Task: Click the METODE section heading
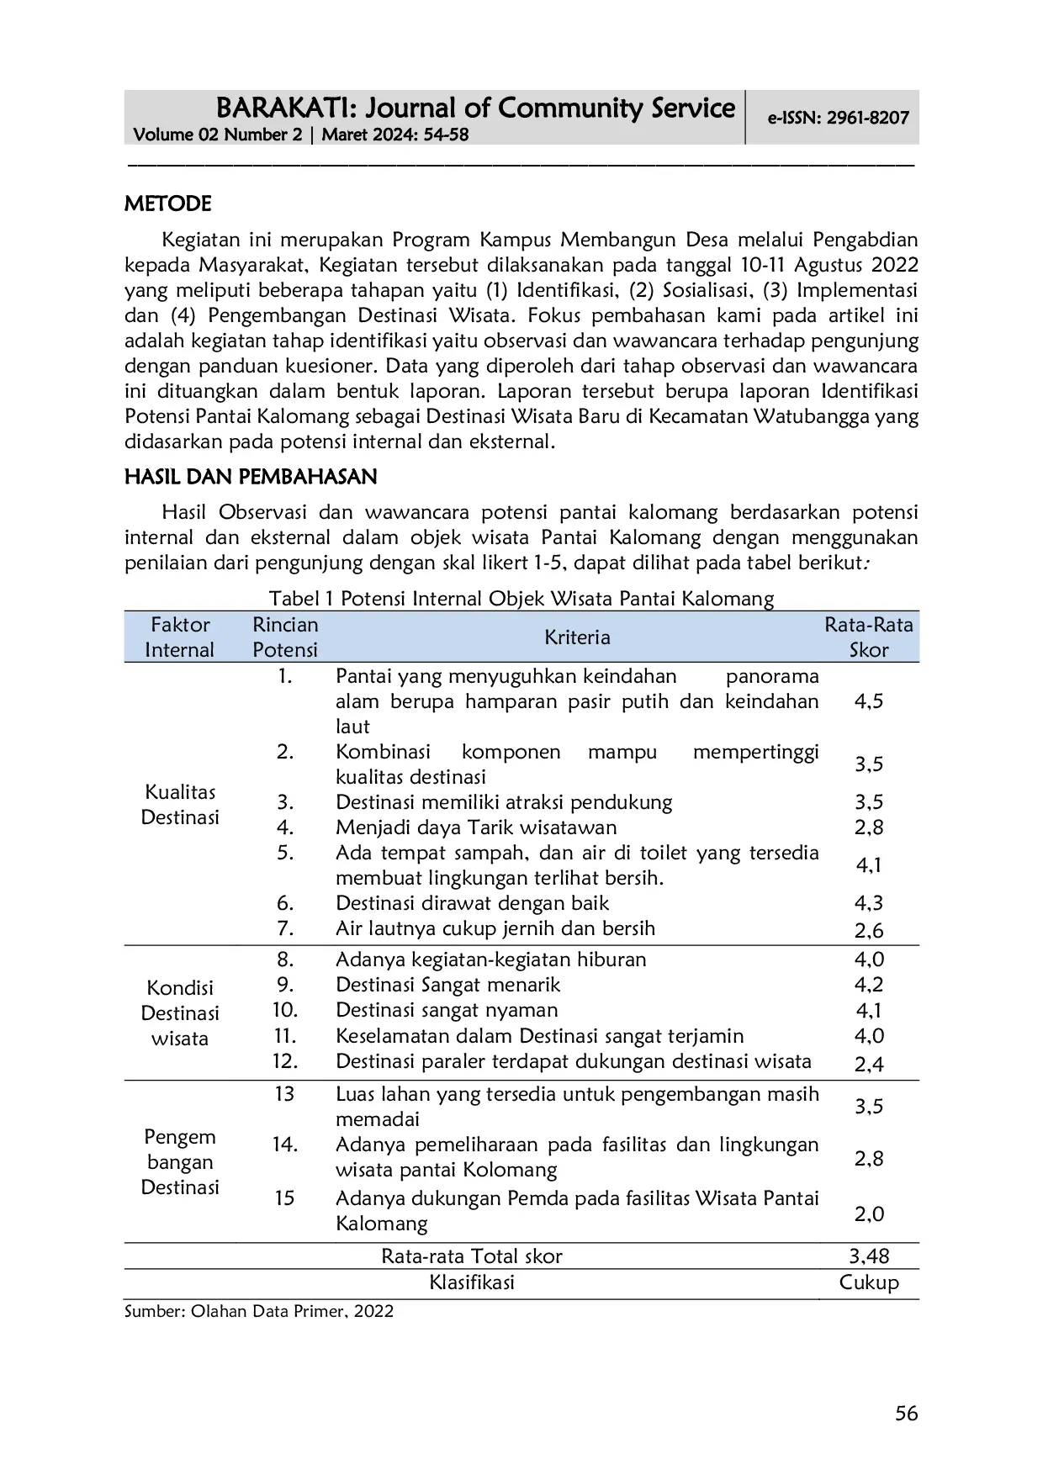coord(167,204)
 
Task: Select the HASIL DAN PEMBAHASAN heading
coord(251,477)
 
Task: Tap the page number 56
coord(906,1414)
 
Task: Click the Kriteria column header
coord(576,637)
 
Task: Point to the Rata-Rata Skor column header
coord(868,637)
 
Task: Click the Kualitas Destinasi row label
coord(180,805)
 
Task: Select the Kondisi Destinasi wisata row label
coord(180,1013)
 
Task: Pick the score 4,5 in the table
coord(868,701)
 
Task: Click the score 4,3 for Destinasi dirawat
coord(868,903)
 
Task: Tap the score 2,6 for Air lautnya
coord(868,930)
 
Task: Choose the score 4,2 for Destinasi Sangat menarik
coord(868,985)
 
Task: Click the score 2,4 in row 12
coord(868,1064)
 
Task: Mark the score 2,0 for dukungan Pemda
coord(868,1213)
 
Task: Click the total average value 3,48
coord(868,1256)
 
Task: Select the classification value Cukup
coord(868,1282)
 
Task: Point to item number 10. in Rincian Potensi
coord(285,1010)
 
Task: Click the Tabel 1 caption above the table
coord(521,599)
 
